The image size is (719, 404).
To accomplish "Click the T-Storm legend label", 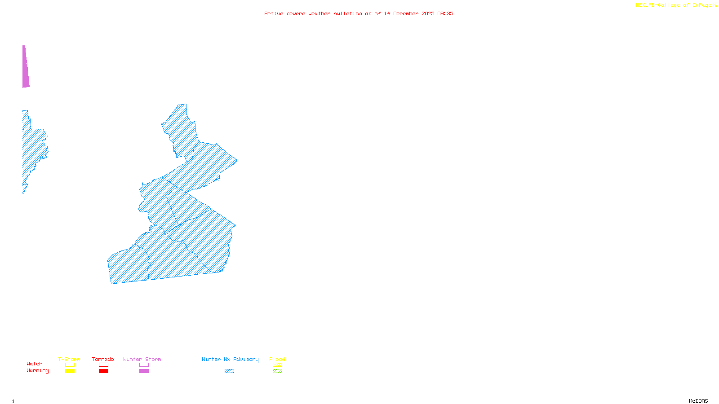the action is [69, 359].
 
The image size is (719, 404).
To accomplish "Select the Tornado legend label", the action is [103, 359].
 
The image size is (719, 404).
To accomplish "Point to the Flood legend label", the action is [277, 359].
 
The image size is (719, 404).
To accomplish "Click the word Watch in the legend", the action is [35, 364].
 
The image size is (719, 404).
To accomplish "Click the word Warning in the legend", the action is [38, 371].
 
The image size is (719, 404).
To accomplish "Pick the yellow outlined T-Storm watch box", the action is [70, 365].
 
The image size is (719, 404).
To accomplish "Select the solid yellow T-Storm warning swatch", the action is [70, 371].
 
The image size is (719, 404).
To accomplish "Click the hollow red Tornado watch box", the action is [103, 365].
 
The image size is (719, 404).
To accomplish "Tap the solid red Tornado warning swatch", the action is [103, 371].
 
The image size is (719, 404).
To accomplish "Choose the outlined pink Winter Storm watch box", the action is [144, 365].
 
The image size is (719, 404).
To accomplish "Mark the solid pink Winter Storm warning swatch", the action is [144, 371].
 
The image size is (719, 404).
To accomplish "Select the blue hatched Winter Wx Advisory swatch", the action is [229, 371].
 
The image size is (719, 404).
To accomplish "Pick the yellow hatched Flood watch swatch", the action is [277, 365].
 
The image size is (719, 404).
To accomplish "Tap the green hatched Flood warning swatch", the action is [277, 371].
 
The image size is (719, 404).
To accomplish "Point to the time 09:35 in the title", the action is [445, 13].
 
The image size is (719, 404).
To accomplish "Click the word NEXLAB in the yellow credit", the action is [645, 5].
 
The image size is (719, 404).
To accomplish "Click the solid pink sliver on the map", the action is [26, 67].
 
